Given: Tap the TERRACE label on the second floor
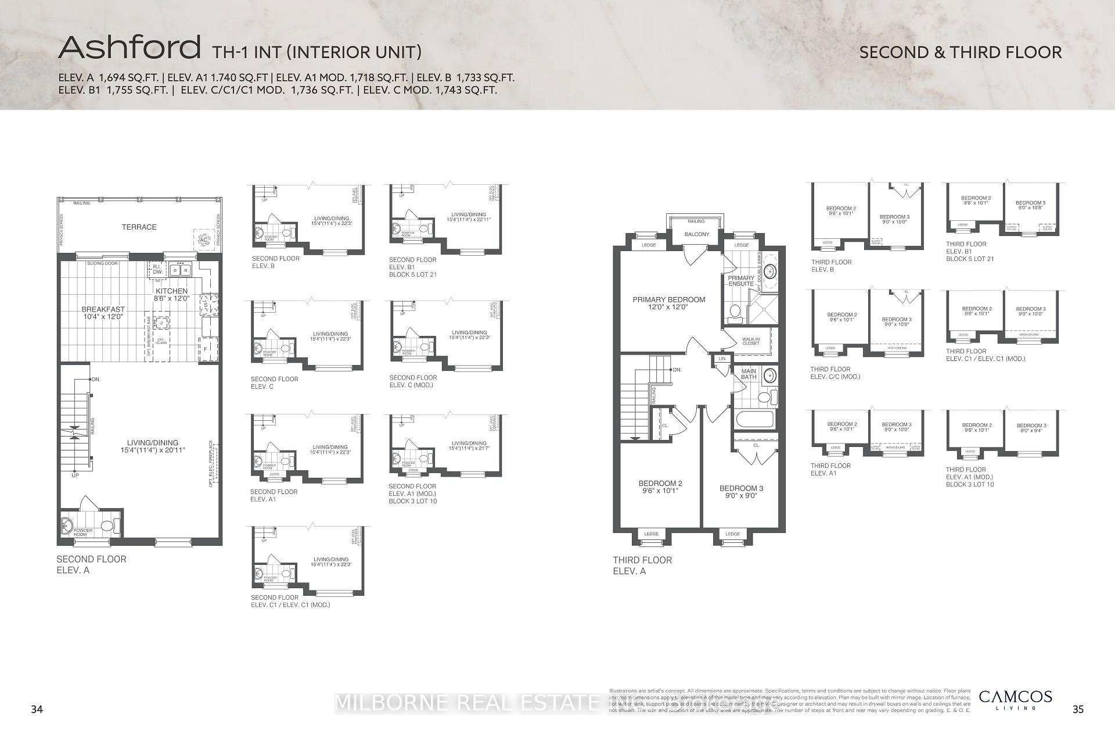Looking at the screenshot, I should [x=139, y=227].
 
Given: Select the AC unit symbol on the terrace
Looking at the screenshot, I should [x=203, y=239].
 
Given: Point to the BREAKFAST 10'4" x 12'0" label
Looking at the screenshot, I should [x=103, y=313].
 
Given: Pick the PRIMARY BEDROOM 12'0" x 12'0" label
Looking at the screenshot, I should [x=668, y=303].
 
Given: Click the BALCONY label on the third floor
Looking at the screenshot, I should [x=696, y=234].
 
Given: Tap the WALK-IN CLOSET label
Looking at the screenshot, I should [x=750, y=341].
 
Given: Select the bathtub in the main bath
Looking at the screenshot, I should [x=754, y=420].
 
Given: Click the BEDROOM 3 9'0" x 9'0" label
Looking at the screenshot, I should [x=741, y=492].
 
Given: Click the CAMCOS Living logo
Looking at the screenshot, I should [x=1015, y=699].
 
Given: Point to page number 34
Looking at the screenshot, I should [x=37, y=709].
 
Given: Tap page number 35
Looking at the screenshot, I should [x=1078, y=709].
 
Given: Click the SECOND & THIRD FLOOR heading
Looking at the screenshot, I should [x=960, y=52].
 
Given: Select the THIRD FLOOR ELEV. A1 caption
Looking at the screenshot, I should [x=830, y=470].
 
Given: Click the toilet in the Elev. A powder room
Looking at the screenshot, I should [x=107, y=526].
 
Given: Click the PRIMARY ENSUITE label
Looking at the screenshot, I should [x=741, y=281].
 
